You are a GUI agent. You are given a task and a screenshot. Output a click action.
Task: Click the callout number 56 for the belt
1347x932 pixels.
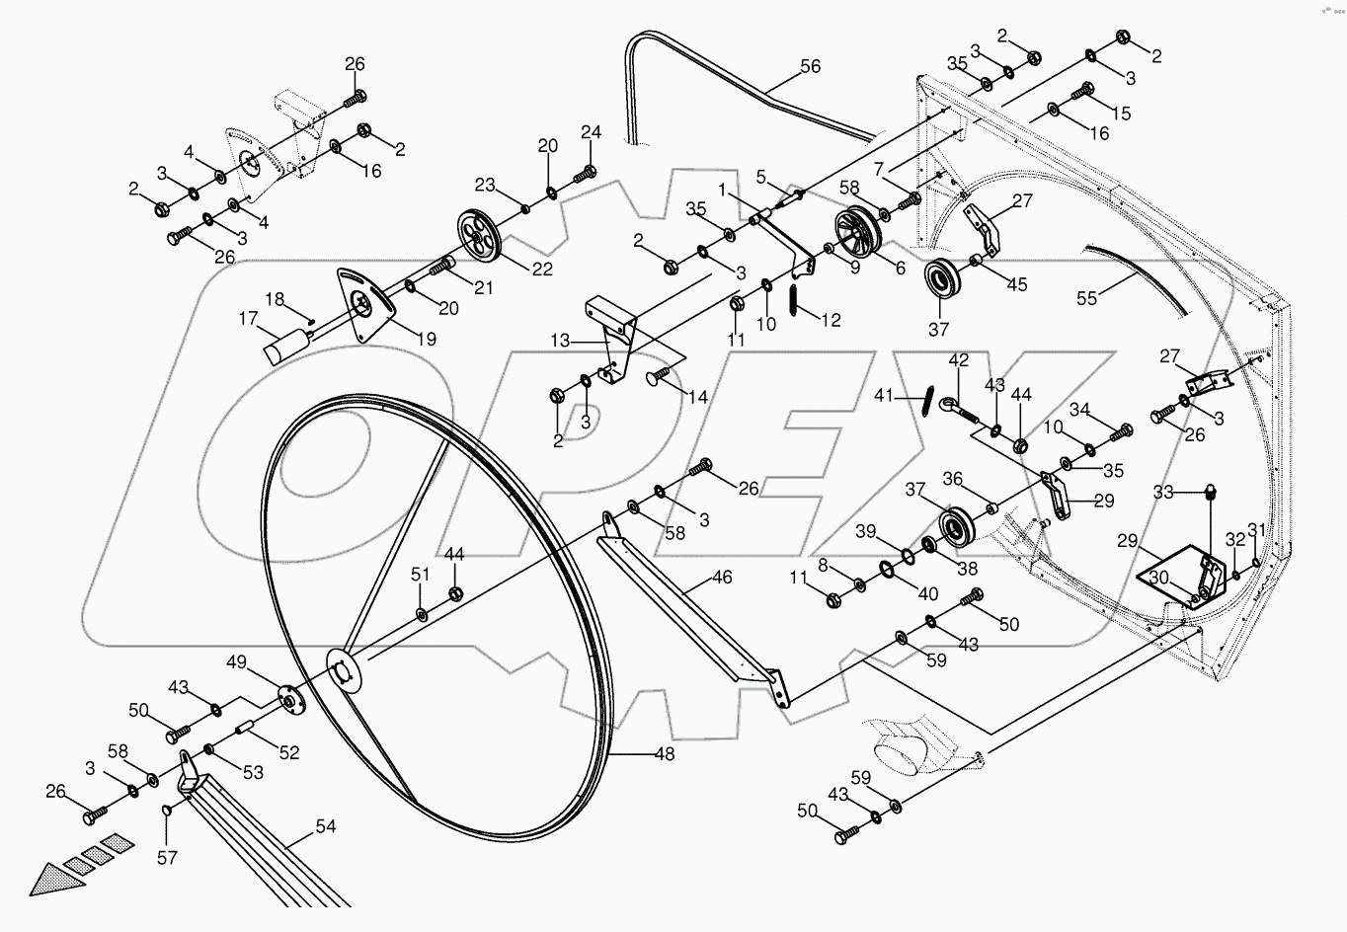click(x=810, y=67)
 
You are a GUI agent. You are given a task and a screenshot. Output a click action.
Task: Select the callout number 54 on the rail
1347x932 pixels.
click(x=325, y=826)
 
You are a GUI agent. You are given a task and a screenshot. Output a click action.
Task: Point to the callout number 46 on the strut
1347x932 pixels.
click(x=722, y=577)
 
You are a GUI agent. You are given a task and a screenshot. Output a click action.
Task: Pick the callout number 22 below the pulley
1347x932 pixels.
click(x=541, y=269)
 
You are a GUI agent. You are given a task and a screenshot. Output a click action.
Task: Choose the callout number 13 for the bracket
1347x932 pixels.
click(x=560, y=341)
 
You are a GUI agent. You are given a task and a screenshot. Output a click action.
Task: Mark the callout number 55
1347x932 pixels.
click(x=1086, y=298)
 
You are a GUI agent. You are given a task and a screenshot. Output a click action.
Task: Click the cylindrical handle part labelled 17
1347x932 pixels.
click(x=283, y=347)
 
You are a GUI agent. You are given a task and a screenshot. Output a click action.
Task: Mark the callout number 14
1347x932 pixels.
click(x=698, y=397)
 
